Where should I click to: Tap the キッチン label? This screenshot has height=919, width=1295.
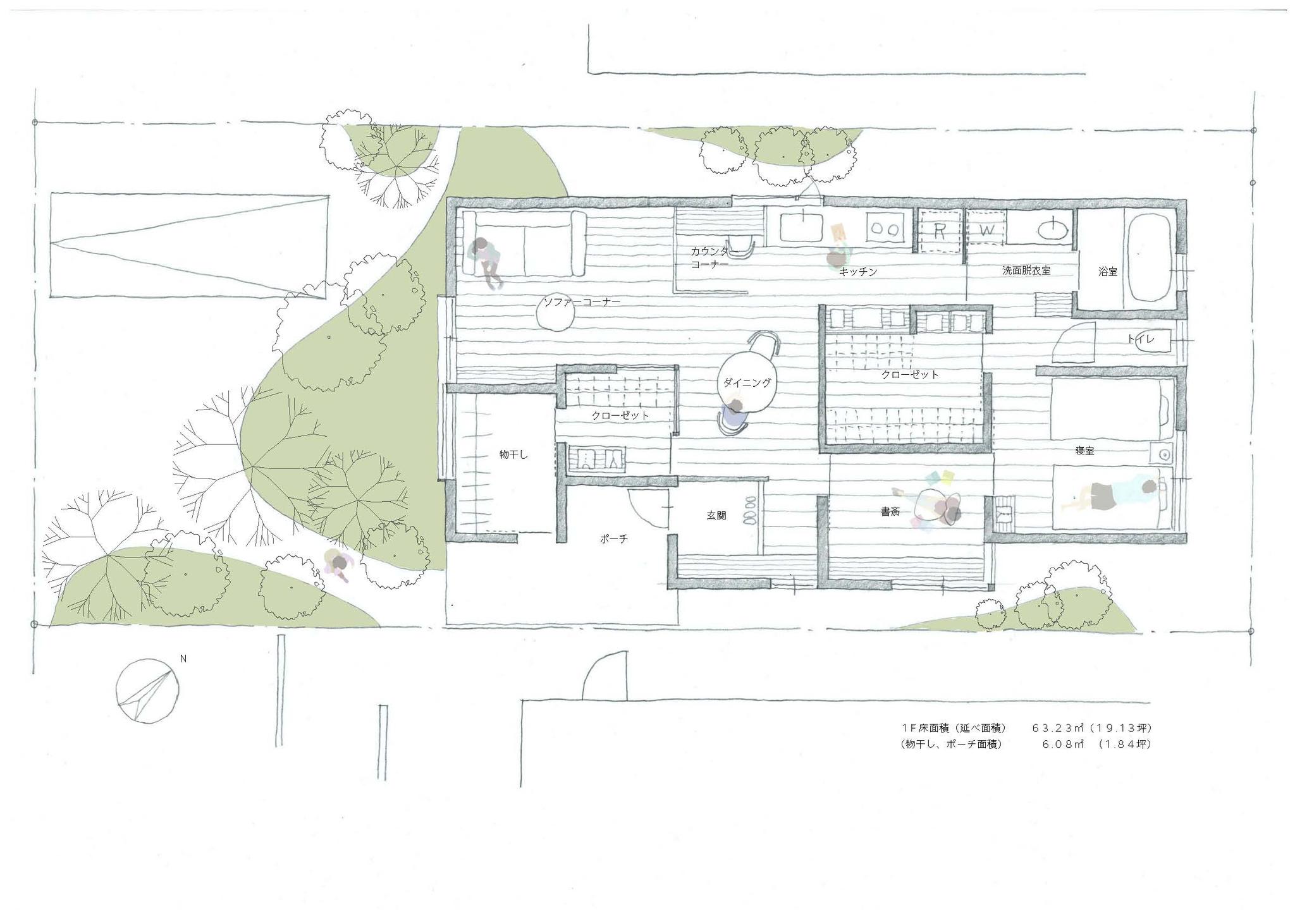(x=858, y=272)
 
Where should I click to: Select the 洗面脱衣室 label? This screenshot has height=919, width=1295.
(x=1026, y=271)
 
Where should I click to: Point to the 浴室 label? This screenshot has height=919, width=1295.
(x=1108, y=272)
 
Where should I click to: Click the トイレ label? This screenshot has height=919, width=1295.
(x=1141, y=339)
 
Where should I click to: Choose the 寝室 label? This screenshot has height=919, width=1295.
(x=1085, y=451)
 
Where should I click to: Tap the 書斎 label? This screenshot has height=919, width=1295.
(x=890, y=511)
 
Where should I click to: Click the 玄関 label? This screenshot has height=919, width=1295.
(x=716, y=516)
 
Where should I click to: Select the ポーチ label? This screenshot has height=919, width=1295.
(x=614, y=539)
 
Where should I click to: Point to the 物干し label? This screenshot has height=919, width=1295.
(x=513, y=454)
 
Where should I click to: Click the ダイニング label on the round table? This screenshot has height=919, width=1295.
(x=747, y=382)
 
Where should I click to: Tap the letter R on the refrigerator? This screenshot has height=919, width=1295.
(x=940, y=231)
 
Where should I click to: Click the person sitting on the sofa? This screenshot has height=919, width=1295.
(x=486, y=260)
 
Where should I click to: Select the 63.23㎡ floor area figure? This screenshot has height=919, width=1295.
(x=1060, y=727)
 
